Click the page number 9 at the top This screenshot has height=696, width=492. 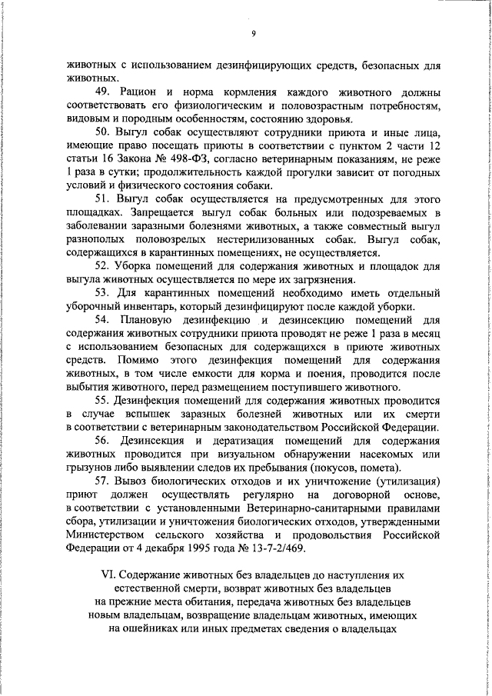(x=252, y=33)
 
